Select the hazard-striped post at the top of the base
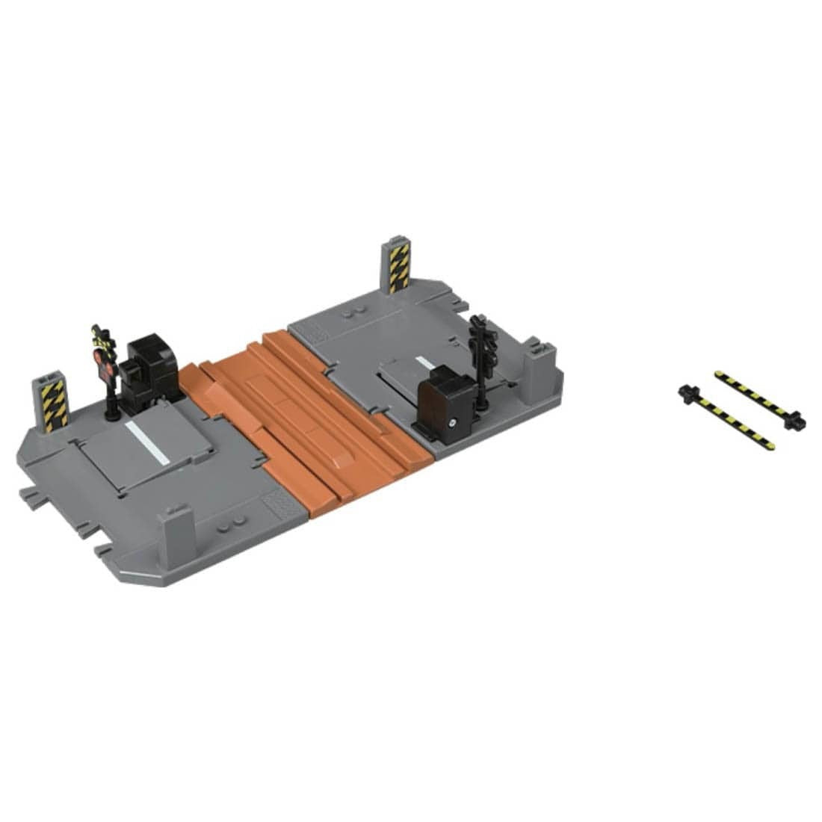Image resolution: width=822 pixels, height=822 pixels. pyautogui.click(x=398, y=268)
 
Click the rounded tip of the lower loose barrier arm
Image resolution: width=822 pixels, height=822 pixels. pyautogui.click(x=770, y=446)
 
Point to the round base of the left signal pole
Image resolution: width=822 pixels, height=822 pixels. pyautogui.click(x=112, y=410)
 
